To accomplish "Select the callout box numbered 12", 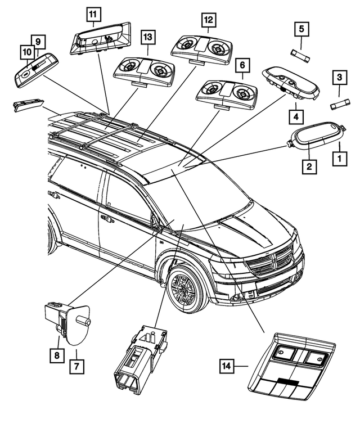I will (209, 21).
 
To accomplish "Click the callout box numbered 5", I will (301, 28).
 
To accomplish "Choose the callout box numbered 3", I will (339, 77).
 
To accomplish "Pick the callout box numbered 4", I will (294, 117).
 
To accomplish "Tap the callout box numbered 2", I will (308, 166).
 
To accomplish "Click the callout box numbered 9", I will (38, 41).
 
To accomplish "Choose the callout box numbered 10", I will (27, 52).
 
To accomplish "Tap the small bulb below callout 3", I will (339, 105).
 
